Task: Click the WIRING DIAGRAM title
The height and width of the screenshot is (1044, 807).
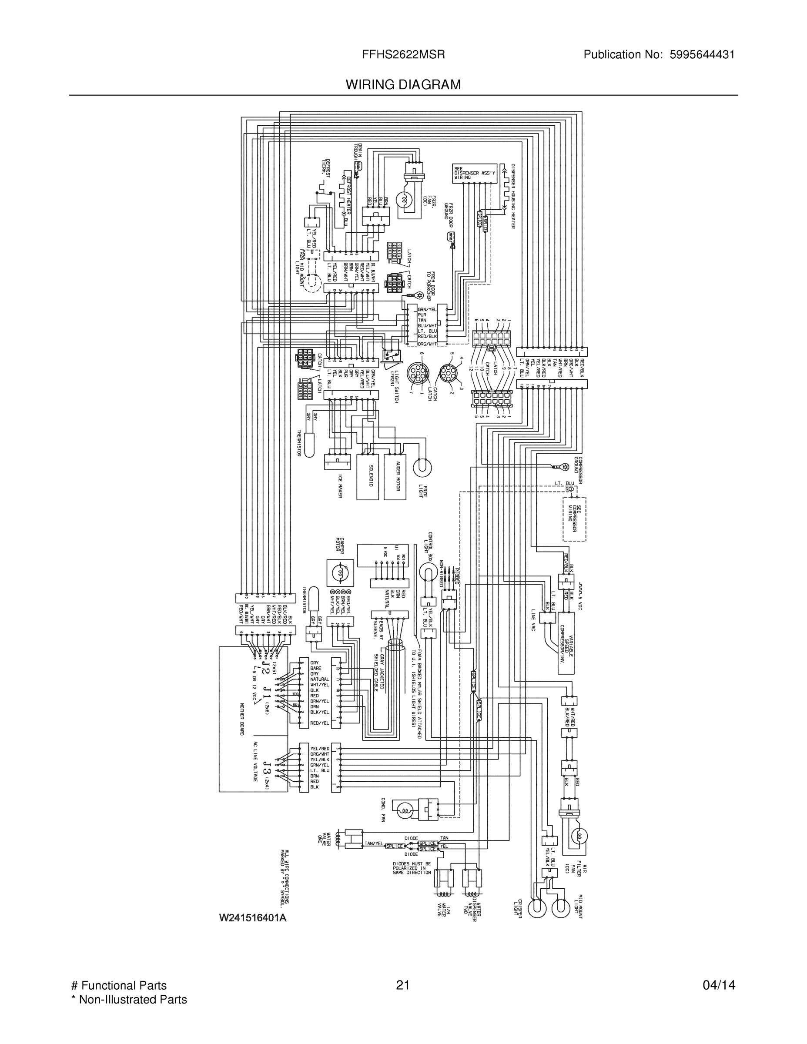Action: click(403, 85)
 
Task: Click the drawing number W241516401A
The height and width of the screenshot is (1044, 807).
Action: click(252, 918)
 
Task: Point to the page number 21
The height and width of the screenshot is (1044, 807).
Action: click(402, 985)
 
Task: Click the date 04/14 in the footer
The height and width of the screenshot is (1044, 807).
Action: click(719, 985)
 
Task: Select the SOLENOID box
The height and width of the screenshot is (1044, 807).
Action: click(368, 476)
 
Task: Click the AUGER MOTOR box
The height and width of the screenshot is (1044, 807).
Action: click(395, 476)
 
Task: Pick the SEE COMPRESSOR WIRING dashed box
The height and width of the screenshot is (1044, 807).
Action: click(574, 519)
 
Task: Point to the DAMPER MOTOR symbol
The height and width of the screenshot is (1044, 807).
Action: click(340, 572)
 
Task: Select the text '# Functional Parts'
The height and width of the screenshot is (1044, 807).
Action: click(119, 985)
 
